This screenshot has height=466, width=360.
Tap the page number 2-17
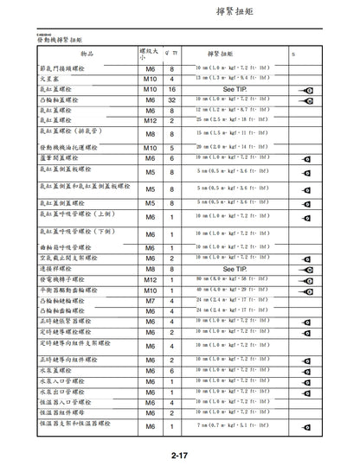[182, 455]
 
